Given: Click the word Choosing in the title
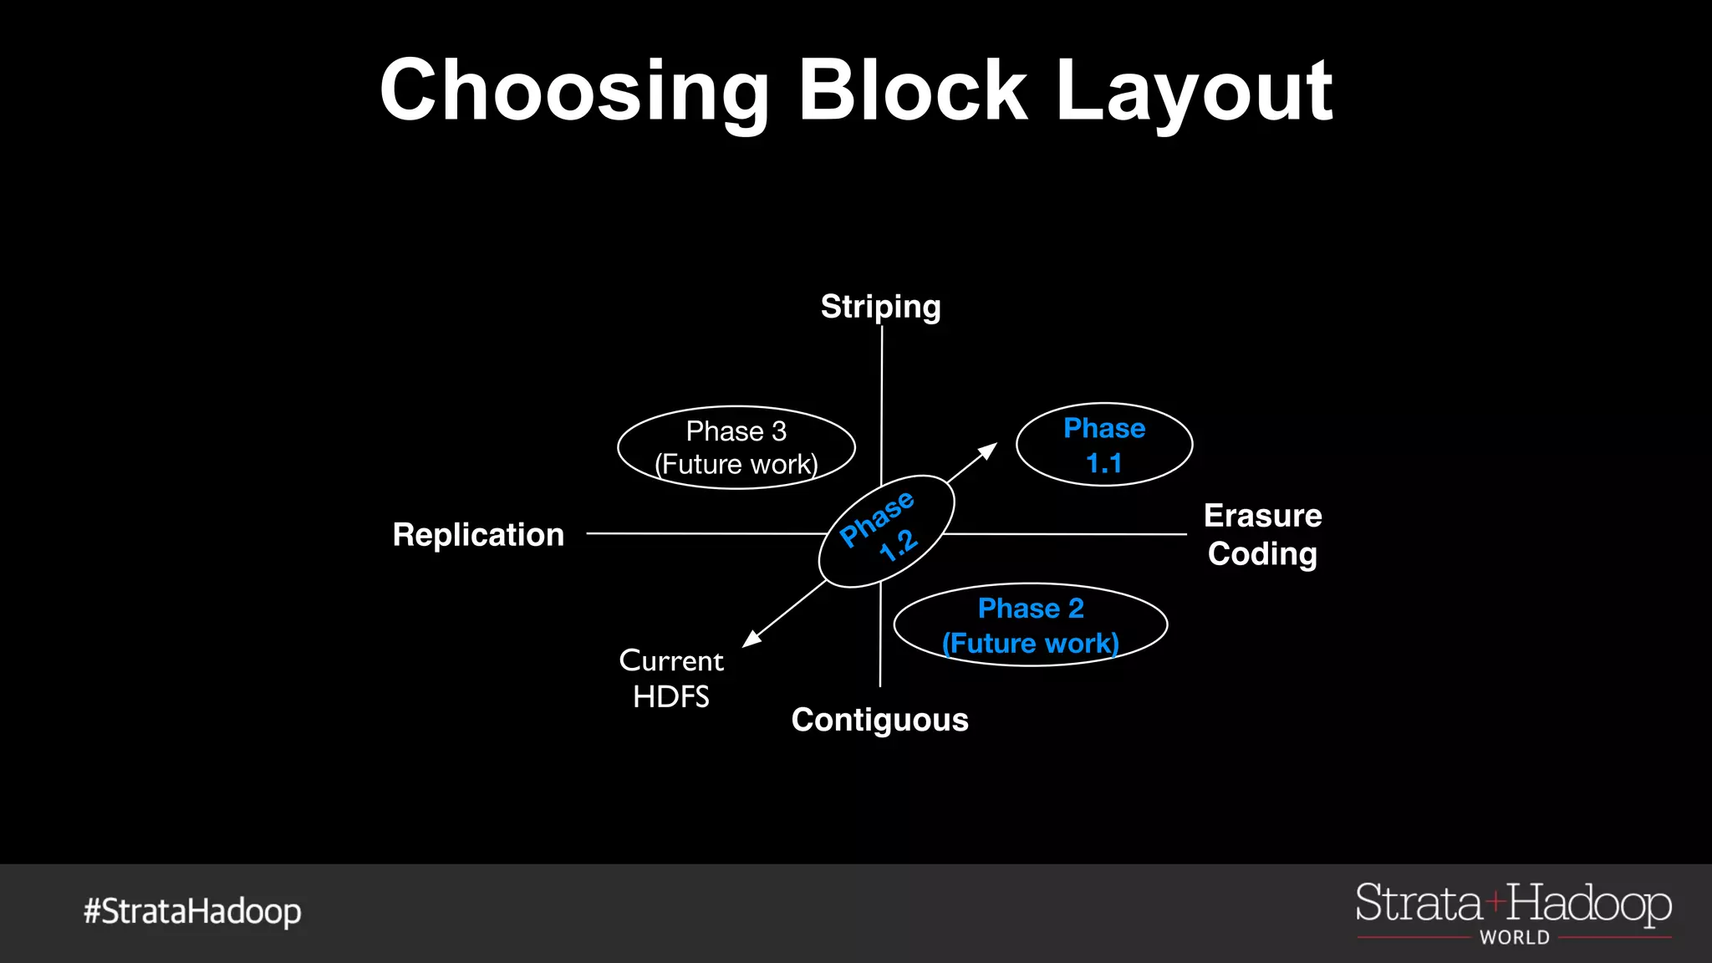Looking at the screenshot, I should tap(574, 92).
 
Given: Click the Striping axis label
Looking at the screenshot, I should tap(880, 307).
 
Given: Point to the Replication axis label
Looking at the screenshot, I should tap(478, 535).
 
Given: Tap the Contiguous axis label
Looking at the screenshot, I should tap(879, 720).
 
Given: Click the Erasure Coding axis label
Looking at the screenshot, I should tap(1262, 535).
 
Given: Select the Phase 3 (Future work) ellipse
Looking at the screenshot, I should tap(736, 448).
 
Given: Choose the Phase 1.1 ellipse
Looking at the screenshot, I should tap(1103, 446).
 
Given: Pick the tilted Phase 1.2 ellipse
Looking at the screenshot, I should tap(886, 531).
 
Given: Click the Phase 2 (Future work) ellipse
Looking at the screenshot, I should tap(1030, 625).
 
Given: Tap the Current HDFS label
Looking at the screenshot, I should tap(671, 678).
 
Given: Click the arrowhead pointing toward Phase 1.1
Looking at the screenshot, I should tap(989, 451).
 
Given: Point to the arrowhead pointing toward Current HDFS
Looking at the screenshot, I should tap(752, 639).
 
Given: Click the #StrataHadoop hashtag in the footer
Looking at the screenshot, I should tap(192, 911).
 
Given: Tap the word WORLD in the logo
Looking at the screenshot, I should tap(1514, 938).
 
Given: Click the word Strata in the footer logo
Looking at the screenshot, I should tap(1419, 904).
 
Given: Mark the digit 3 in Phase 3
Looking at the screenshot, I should tap(779, 431).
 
